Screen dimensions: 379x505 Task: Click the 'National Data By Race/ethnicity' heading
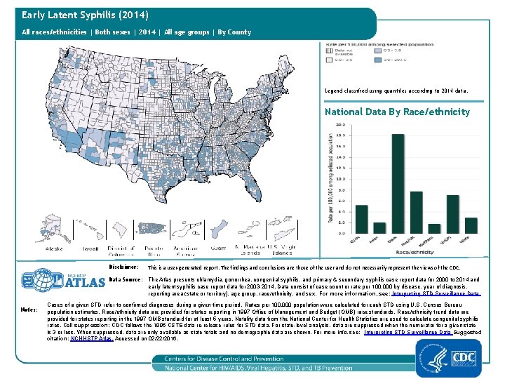(x=397, y=112)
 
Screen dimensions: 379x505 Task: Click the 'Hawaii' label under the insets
(x=90, y=248)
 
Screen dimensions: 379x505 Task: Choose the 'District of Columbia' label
(x=121, y=251)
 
